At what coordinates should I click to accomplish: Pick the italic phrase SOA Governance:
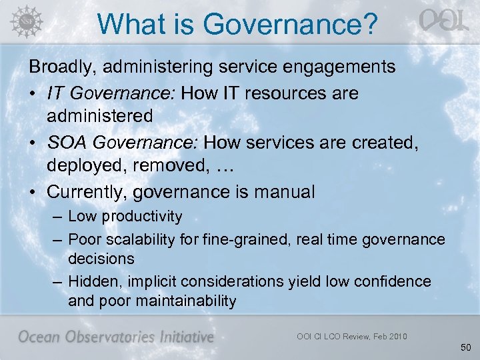(123, 143)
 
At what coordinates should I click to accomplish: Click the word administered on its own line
(100, 116)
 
